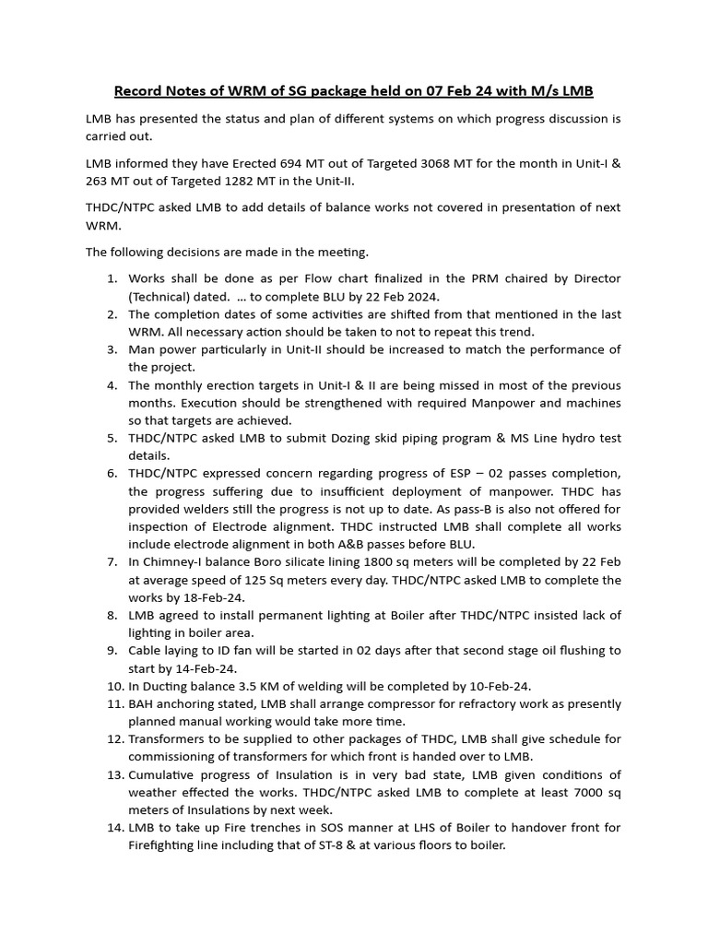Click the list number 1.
pyautogui.click(x=111, y=278)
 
